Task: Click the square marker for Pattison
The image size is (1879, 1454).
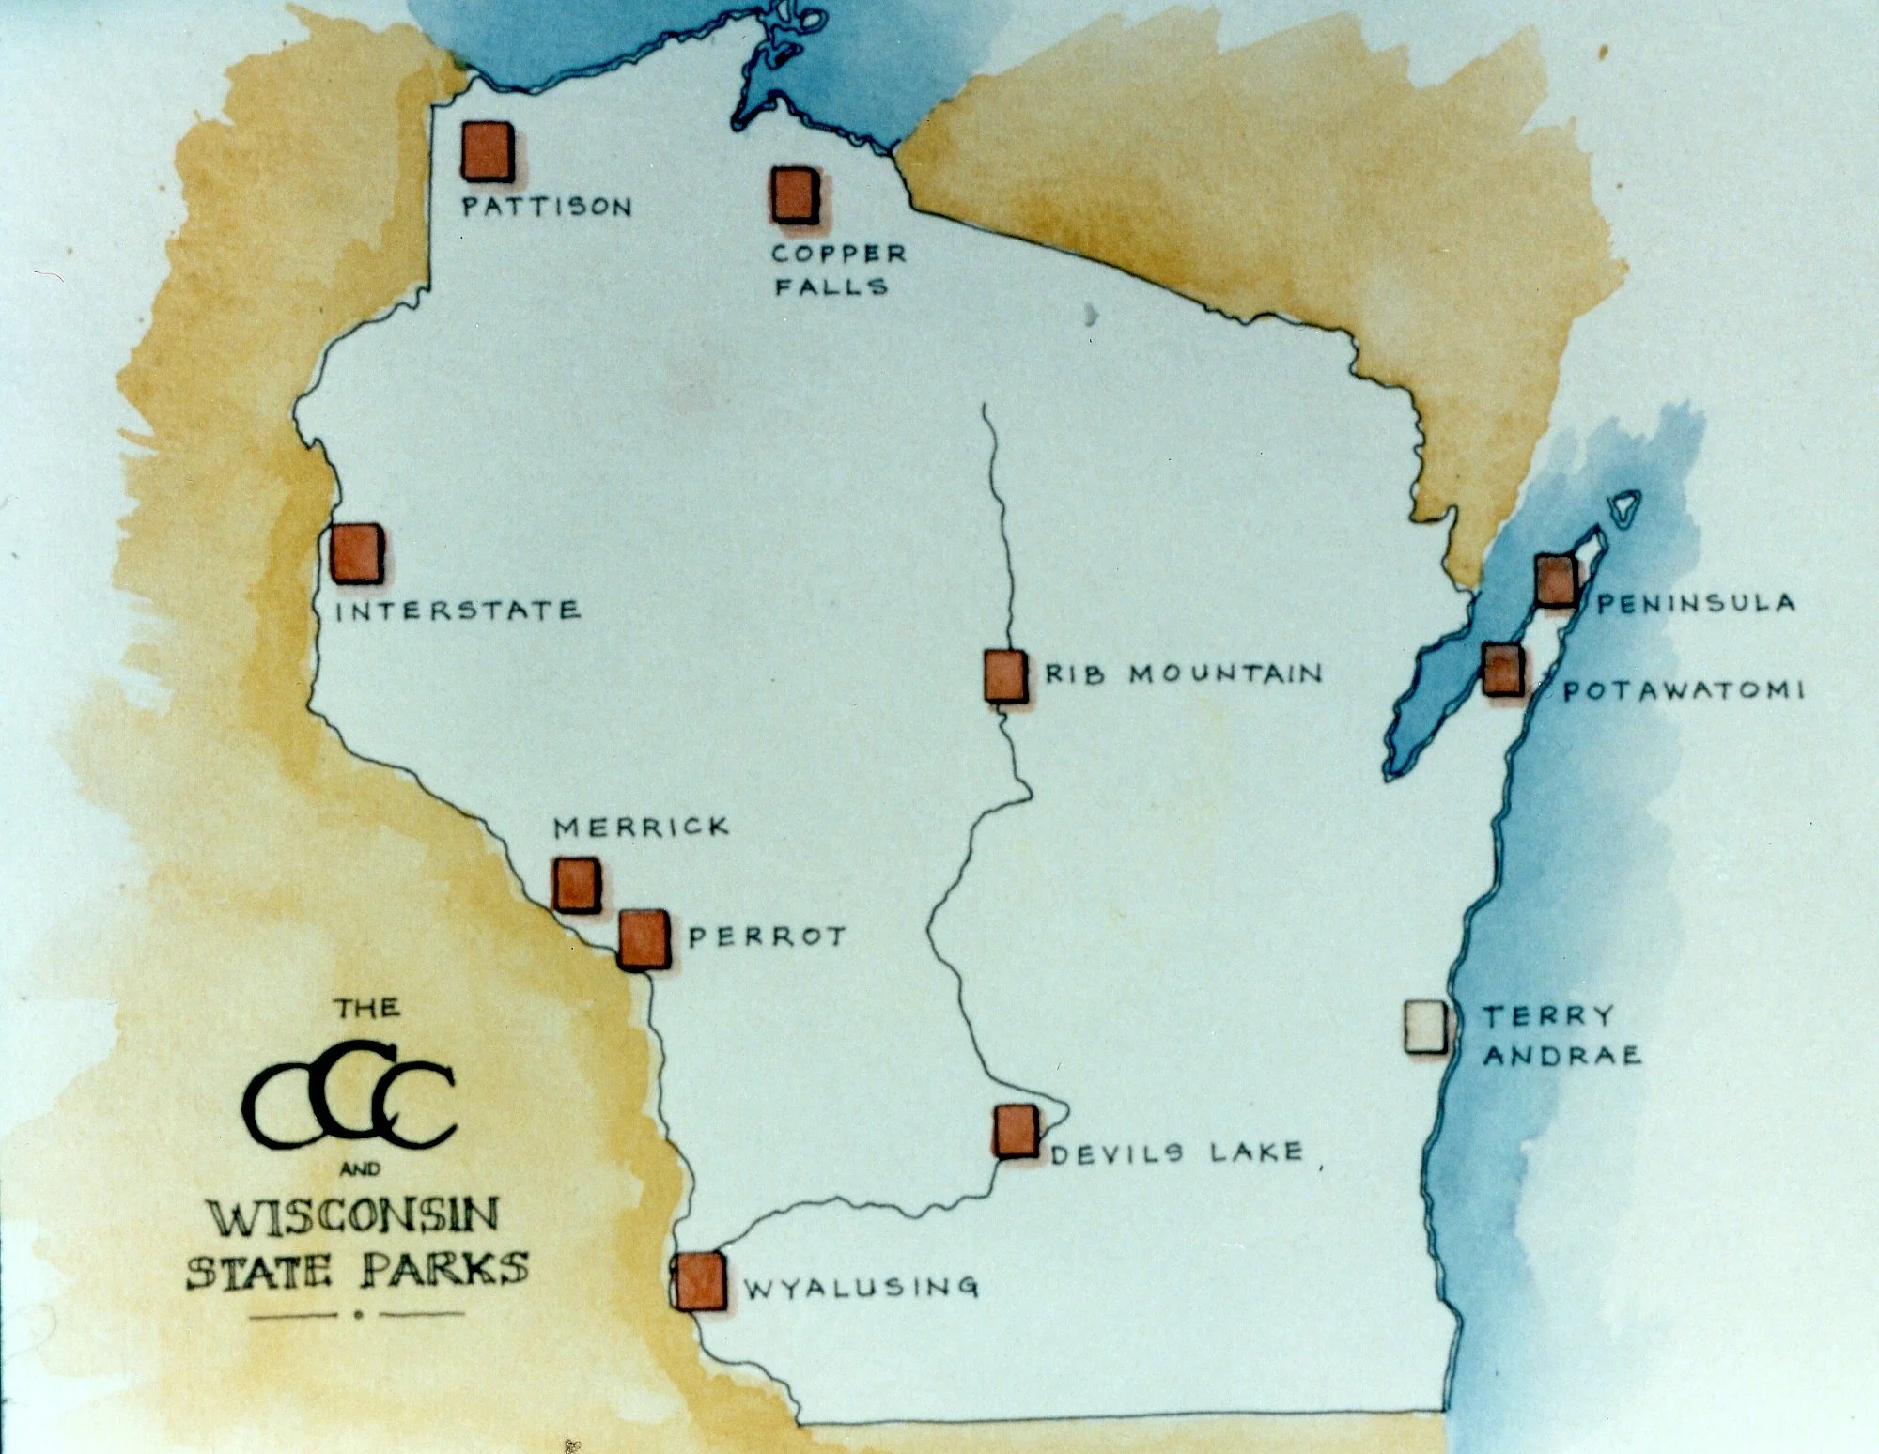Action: [x=487, y=150]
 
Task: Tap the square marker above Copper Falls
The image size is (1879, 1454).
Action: [x=794, y=194]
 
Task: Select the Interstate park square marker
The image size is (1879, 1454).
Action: [x=357, y=553]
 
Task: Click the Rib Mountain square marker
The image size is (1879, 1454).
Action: [x=1004, y=675]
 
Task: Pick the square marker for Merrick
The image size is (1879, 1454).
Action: [x=575, y=884]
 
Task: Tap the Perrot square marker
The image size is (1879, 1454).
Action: [x=644, y=938]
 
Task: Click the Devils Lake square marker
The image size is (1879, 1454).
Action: [x=1017, y=1130]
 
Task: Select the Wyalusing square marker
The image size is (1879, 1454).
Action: [x=700, y=1280]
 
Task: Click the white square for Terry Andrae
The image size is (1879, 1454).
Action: [x=1426, y=1027]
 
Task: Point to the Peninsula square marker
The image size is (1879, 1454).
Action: [x=1556, y=580]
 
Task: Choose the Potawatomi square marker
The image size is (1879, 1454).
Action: [x=1503, y=670]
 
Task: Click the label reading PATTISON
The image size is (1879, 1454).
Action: [x=547, y=207]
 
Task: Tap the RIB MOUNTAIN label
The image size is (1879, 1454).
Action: [x=1183, y=673]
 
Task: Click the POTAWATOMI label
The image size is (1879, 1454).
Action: [x=1683, y=690]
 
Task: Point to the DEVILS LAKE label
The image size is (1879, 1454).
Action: [x=1177, y=1152]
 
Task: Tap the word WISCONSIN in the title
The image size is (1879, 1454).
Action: [x=353, y=1217]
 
